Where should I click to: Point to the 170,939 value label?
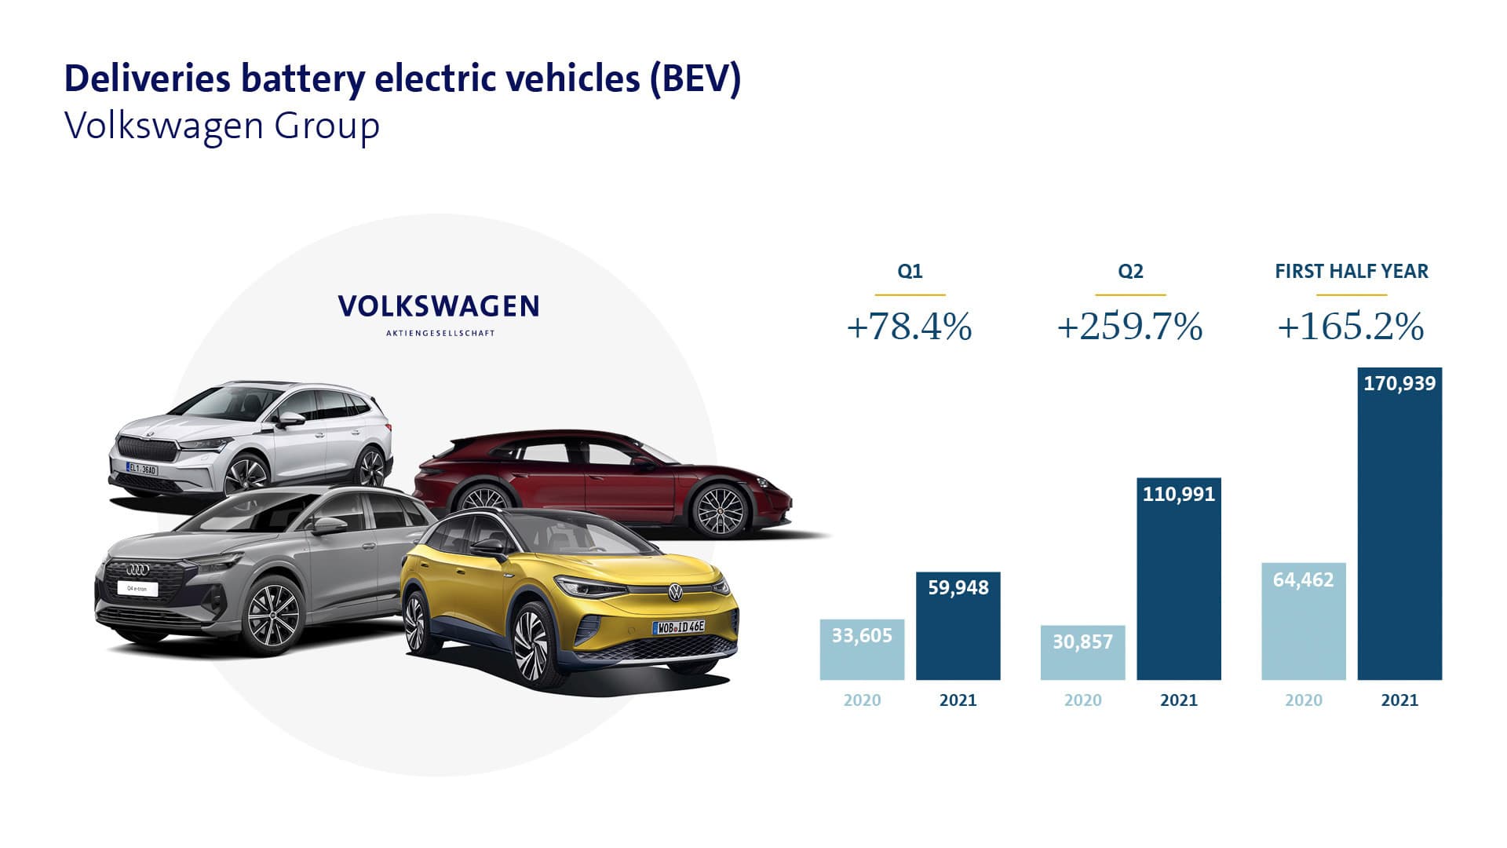click(1399, 384)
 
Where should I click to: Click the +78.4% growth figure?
click(909, 327)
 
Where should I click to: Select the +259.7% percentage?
click(1129, 327)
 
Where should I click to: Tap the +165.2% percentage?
click(1351, 327)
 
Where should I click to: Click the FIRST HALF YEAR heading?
click(1351, 272)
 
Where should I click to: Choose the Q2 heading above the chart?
click(1130, 272)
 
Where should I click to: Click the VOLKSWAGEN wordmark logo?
click(439, 306)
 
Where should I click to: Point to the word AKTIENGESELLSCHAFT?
click(440, 333)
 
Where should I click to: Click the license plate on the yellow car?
click(679, 627)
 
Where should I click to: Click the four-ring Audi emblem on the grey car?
click(137, 569)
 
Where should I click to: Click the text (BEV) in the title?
click(695, 79)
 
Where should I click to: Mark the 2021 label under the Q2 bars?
click(1179, 700)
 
